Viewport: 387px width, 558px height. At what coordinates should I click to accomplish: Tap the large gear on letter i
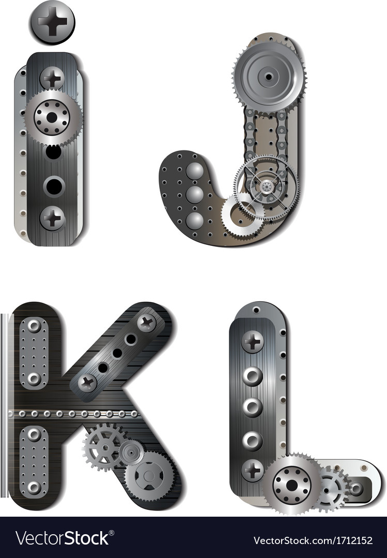[x=52, y=118]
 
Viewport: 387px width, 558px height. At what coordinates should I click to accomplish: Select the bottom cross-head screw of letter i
[x=52, y=218]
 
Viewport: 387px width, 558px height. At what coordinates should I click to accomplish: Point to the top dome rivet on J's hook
[x=194, y=171]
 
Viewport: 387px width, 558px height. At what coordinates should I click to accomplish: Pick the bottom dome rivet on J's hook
[x=194, y=221]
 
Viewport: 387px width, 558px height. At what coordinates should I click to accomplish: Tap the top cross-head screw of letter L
[x=252, y=342]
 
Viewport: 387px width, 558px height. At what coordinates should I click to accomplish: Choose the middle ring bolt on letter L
[x=252, y=407]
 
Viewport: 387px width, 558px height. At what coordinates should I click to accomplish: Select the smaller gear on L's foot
[x=330, y=488]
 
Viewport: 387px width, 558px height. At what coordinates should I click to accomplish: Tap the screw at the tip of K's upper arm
[x=146, y=323]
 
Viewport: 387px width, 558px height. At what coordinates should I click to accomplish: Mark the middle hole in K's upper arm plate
[x=118, y=353]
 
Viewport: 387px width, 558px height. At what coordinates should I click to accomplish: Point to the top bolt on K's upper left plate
[x=34, y=326]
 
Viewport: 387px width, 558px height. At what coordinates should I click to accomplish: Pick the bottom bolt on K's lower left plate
[x=34, y=487]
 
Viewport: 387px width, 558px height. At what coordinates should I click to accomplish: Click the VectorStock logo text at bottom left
[x=63, y=538]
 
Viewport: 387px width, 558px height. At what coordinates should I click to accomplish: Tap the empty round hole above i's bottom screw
[x=53, y=186]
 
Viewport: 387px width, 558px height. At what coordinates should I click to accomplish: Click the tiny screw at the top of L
[x=256, y=310]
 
